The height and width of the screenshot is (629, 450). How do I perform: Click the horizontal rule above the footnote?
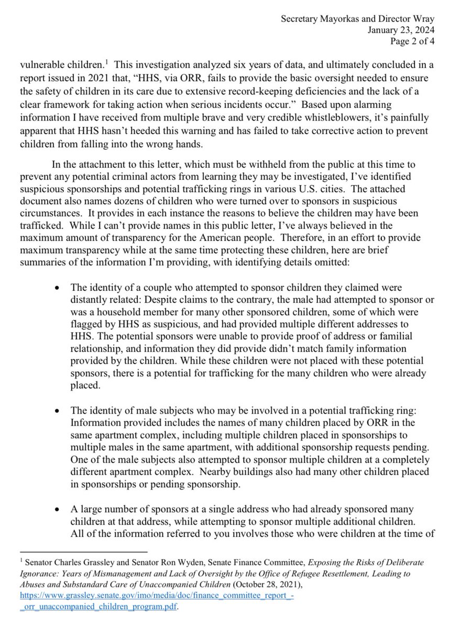click(x=84, y=552)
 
